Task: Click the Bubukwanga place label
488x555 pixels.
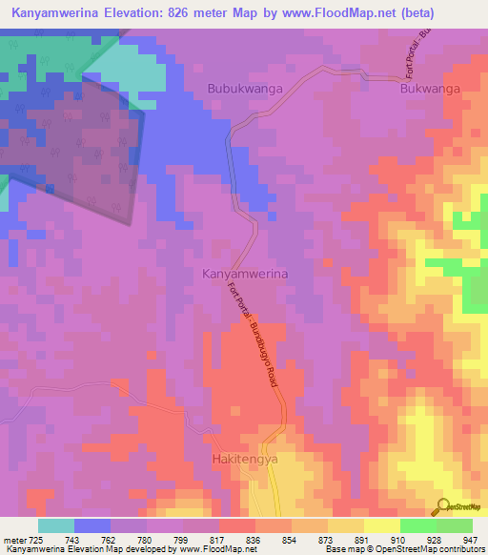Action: [x=243, y=89]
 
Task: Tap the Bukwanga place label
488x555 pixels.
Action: [x=430, y=89]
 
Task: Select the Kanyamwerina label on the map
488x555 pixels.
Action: [x=245, y=274]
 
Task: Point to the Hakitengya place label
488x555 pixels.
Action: [x=244, y=459]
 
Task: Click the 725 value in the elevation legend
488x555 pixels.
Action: [x=34, y=539]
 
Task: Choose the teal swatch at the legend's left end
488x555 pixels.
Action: [x=56, y=525]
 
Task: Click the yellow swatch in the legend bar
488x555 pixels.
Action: [x=382, y=525]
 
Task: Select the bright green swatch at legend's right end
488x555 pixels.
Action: [x=455, y=525]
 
